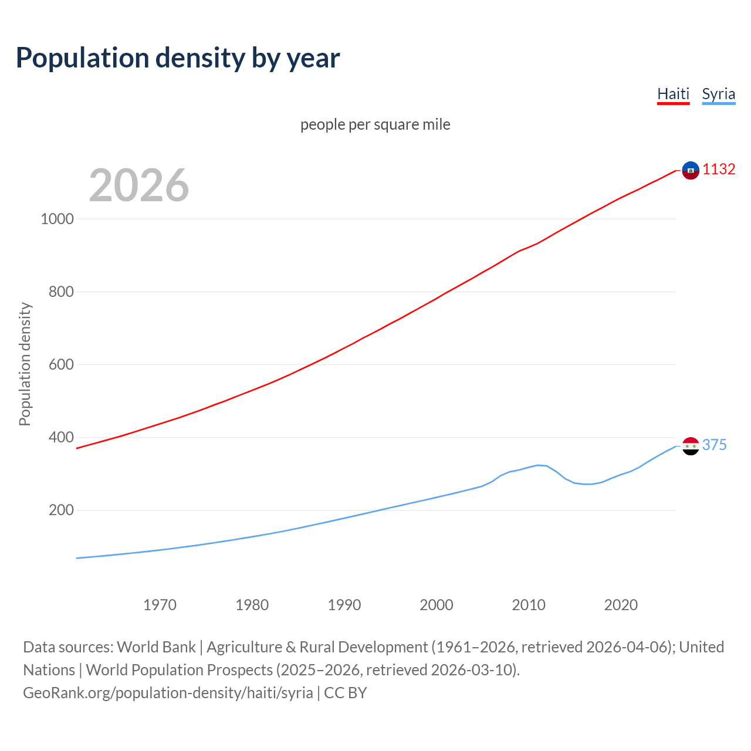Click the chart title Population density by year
point(178,58)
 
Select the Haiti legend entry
point(673,94)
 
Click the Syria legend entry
point(718,94)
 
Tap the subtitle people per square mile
point(375,124)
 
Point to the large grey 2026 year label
point(139,185)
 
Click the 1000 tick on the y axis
point(57,219)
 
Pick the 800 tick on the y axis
point(61,292)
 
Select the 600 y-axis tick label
point(61,364)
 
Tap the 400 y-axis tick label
point(61,437)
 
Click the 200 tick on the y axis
point(61,510)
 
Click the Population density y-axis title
point(25,364)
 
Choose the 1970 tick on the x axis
point(160,605)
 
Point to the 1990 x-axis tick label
point(344,605)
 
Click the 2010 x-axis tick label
point(529,605)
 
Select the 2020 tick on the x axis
point(621,605)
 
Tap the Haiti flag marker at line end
point(691,170)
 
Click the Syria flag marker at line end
point(691,446)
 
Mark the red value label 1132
point(719,170)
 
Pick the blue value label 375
point(714,445)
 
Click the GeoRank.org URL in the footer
point(168,693)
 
